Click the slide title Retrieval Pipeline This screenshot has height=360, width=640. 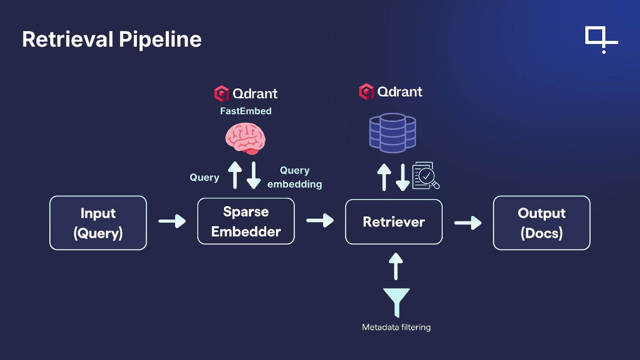[112, 39]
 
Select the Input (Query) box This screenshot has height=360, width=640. [98, 223]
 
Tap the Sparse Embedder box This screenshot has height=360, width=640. [246, 221]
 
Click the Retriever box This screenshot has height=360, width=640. [394, 222]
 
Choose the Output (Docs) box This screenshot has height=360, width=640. [542, 223]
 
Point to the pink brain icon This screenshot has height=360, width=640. [245, 139]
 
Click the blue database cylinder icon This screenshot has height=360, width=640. [392, 133]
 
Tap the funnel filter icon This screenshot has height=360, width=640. [396, 303]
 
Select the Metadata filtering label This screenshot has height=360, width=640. [396, 327]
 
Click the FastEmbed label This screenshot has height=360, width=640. [246, 111]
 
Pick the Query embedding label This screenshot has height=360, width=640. [295, 177]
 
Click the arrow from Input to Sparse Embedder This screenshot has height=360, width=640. [172, 221]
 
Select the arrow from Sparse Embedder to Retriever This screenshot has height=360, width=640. [320, 220]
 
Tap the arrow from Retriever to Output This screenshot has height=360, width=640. [468, 223]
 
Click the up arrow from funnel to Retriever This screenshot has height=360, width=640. [396, 266]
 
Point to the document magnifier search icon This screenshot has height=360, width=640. [426, 176]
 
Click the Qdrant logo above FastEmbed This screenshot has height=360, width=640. [246, 93]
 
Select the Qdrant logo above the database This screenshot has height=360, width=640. [391, 92]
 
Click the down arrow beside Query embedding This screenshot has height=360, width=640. [253, 175]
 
